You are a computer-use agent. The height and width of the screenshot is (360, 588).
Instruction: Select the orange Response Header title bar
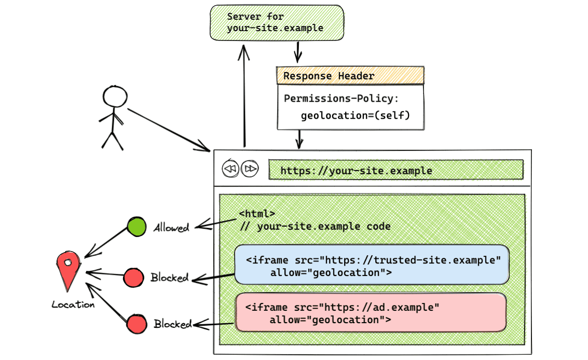350,76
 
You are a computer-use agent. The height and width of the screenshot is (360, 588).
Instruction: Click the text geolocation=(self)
355,115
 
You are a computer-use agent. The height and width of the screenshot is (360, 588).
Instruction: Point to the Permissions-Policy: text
341,99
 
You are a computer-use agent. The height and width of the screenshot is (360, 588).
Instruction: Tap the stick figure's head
115,97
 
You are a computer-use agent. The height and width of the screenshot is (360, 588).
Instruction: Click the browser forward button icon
250,169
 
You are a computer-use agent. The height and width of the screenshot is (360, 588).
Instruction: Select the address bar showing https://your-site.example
395,170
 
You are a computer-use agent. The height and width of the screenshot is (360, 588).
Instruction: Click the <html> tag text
257,213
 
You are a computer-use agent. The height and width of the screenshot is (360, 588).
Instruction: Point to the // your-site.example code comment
315,226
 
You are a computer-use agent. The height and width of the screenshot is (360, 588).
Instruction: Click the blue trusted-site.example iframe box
372,265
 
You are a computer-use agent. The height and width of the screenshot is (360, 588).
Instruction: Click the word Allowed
171,227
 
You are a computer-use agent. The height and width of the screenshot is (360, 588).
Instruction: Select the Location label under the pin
73,304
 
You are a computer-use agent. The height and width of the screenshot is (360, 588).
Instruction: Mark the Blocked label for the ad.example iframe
173,324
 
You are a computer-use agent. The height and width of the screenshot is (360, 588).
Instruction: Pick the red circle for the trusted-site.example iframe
134,278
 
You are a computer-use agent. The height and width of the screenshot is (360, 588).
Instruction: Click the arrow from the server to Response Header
298,52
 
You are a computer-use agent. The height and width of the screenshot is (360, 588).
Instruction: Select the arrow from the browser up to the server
243,96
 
